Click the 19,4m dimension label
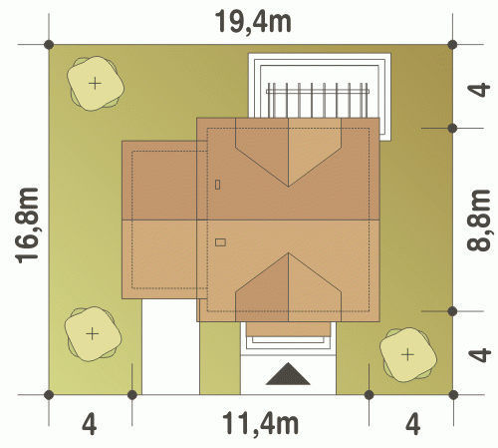(x=253, y=22)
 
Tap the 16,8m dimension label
(x=27, y=225)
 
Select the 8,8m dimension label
(x=478, y=221)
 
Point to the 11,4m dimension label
(x=260, y=423)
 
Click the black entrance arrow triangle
(x=288, y=374)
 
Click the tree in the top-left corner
(x=96, y=83)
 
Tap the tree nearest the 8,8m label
(x=408, y=355)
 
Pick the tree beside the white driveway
(x=93, y=333)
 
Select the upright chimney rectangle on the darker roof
(x=217, y=185)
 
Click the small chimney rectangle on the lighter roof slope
(x=220, y=242)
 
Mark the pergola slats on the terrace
(x=318, y=100)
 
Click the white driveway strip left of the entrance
(x=170, y=346)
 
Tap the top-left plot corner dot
(x=49, y=44)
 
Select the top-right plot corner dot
(x=452, y=44)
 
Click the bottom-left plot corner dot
(x=49, y=395)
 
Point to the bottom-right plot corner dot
(x=453, y=395)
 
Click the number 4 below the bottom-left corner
(x=90, y=424)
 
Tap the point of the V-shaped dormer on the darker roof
(x=288, y=187)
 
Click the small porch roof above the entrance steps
(x=288, y=329)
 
